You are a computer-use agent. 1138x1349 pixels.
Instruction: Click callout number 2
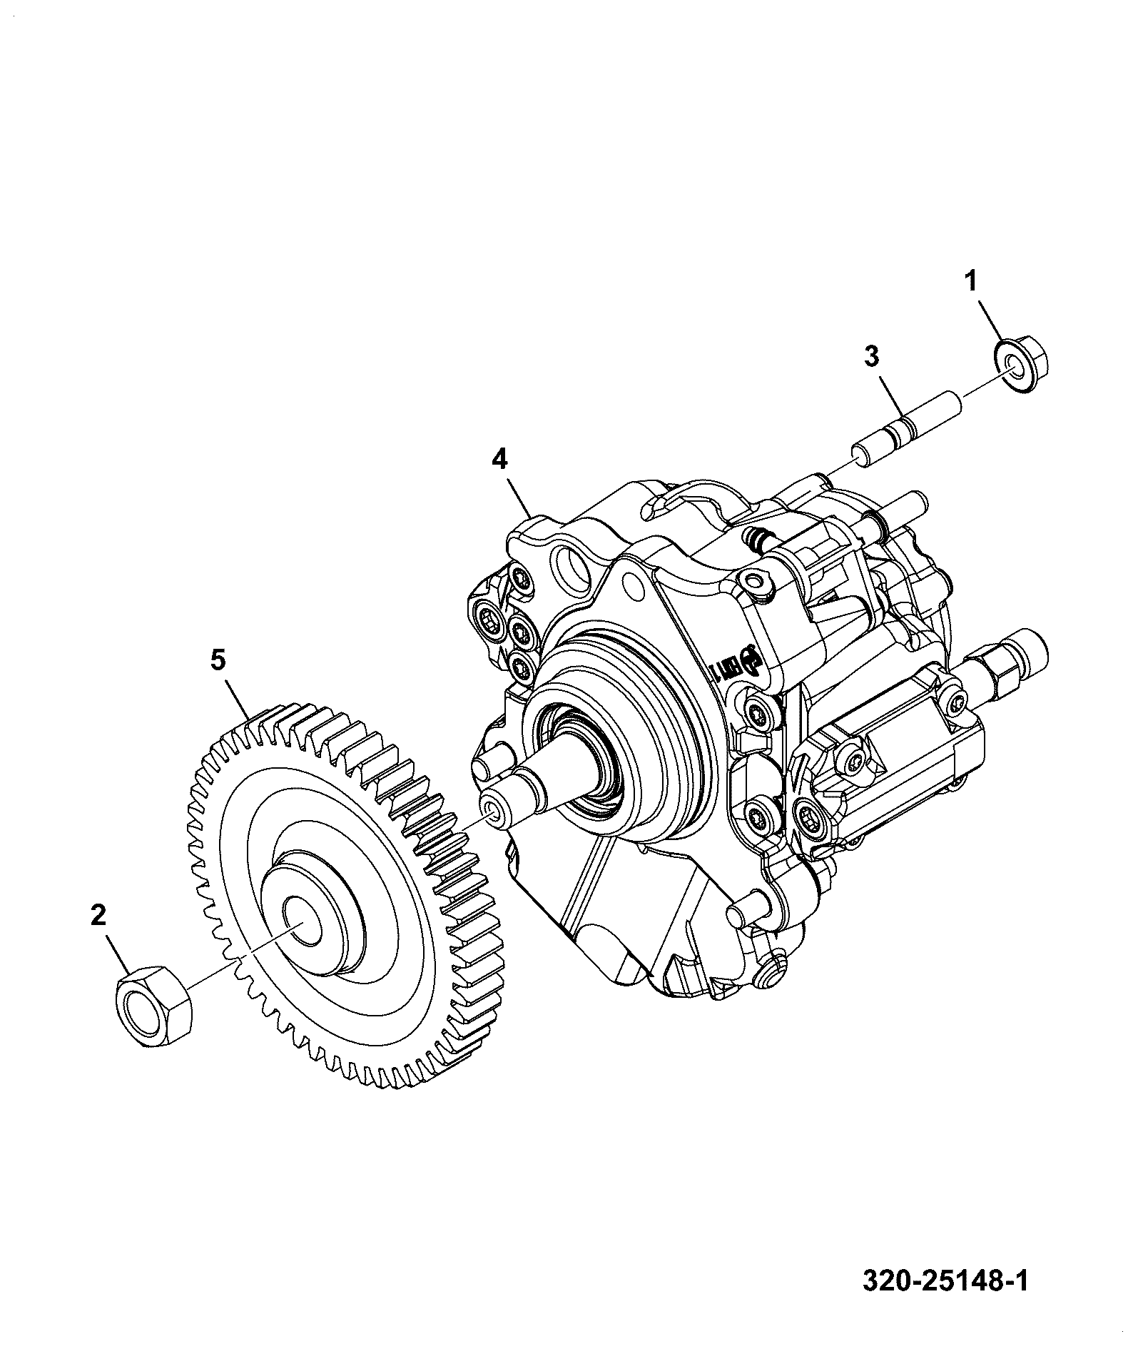pyautogui.click(x=98, y=915)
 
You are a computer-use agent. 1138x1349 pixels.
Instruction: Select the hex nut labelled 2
pyautogui.click(x=153, y=1004)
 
